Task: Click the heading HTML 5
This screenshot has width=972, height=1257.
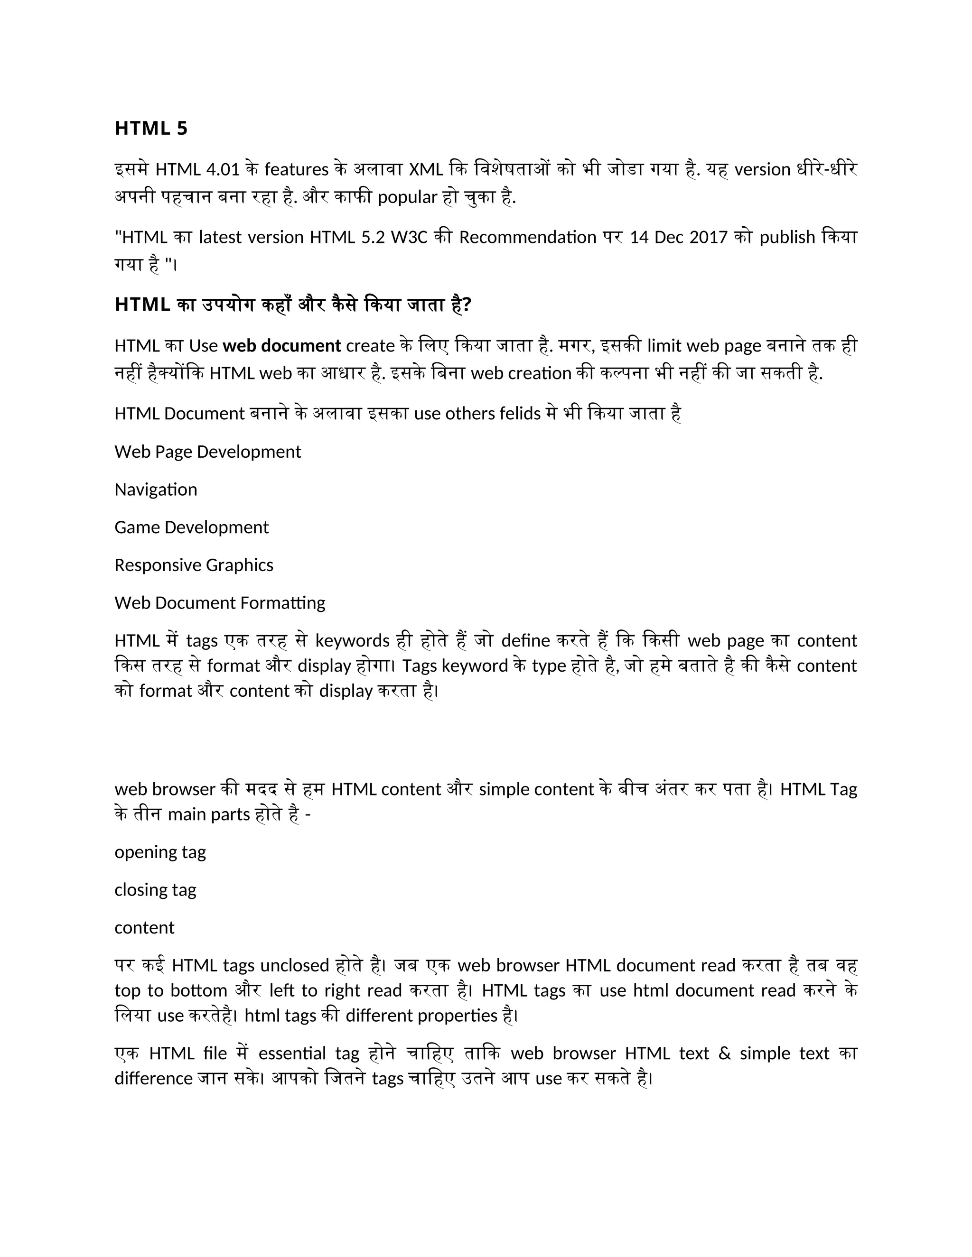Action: coord(151,128)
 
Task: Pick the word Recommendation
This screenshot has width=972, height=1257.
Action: coord(527,237)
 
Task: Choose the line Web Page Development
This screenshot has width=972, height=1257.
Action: coord(207,451)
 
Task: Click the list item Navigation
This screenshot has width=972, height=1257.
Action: coord(156,489)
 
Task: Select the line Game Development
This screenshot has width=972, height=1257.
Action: coord(191,527)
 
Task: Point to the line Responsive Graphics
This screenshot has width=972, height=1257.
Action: coord(194,564)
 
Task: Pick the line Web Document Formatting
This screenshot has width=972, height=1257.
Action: coord(219,602)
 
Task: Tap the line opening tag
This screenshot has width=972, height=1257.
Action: coord(160,852)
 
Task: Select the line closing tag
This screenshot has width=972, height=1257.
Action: coord(156,890)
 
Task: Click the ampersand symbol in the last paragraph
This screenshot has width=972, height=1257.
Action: coord(724,1053)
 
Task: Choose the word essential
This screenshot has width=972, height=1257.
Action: coord(293,1053)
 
